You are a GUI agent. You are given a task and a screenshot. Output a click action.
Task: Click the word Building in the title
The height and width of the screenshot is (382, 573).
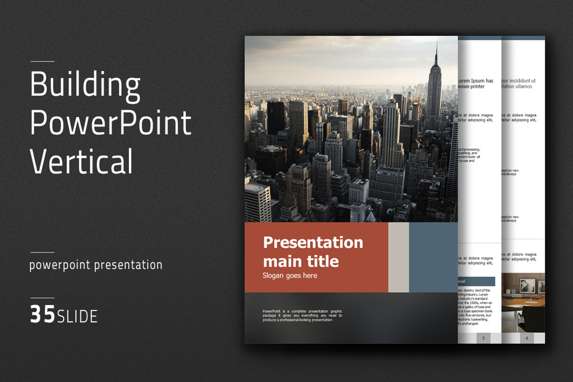point(85,85)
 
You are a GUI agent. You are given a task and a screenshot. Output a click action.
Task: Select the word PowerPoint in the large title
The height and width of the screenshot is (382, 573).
point(110,123)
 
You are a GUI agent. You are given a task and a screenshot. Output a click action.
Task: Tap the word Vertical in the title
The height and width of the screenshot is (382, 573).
point(81,161)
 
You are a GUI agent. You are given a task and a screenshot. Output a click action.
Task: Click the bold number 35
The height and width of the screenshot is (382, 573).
point(42,316)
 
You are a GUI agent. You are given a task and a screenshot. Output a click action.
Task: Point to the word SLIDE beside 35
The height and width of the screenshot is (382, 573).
point(77,316)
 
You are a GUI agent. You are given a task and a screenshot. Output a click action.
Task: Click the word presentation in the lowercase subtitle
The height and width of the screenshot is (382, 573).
point(128,265)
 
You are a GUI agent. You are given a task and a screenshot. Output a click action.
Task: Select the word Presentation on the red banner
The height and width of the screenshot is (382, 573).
point(313,242)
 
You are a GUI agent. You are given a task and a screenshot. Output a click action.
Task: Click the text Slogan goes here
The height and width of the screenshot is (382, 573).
point(289,276)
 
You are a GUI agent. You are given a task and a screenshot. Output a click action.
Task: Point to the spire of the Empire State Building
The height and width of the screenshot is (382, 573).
point(435,53)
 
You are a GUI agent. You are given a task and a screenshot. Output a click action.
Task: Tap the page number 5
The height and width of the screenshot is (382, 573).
point(483,338)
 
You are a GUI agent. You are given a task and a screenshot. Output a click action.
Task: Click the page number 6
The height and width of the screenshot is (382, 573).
point(527,338)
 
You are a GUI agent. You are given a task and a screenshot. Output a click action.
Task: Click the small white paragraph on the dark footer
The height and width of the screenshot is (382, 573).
point(302,316)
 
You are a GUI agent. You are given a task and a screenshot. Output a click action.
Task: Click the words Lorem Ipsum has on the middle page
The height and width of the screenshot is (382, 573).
point(476,81)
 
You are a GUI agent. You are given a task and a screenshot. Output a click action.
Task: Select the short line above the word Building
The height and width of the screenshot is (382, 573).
point(42,62)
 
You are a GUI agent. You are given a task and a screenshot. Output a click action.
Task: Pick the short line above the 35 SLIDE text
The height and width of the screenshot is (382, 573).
point(42,298)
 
